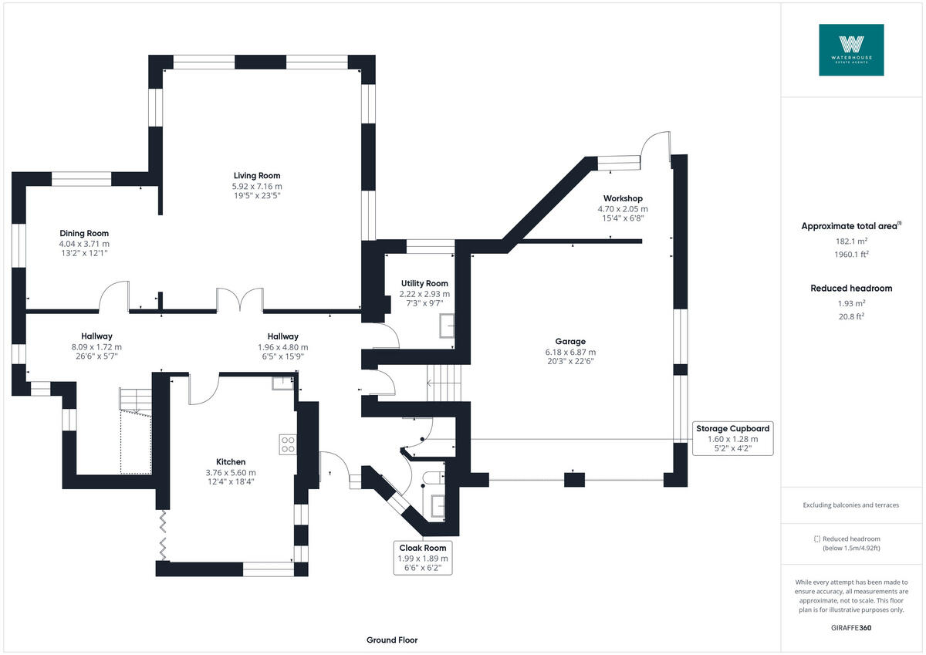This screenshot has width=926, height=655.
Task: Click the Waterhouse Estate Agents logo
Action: (x=851, y=49)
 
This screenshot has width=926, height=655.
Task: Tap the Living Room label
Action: (x=257, y=186)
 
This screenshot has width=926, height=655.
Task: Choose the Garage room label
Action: (x=569, y=351)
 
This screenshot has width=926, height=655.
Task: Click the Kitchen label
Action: (x=230, y=471)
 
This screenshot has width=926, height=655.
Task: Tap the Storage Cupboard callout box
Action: (x=732, y=438)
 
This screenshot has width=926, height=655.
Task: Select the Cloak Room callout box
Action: (x=422, y=558)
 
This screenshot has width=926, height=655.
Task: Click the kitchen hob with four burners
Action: (x=287, y=444)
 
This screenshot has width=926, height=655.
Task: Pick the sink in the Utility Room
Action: (x=447, y=327)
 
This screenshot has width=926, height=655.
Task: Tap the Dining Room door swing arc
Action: (x=114, y=296)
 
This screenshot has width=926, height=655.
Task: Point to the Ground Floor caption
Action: (x=392, y=640)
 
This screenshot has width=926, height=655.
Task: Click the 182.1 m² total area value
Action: (x=851, y=241)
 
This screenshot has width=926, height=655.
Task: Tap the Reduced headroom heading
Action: (x=851, y=289)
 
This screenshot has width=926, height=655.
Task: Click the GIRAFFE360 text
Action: (x=851, y=628)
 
